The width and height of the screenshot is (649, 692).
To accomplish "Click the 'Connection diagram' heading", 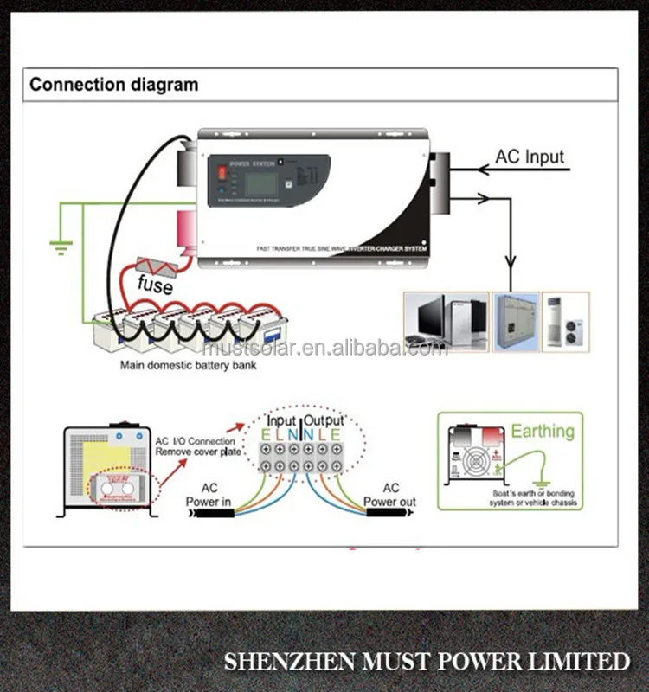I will point(113,85).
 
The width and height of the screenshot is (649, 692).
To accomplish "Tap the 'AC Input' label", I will point(529,157).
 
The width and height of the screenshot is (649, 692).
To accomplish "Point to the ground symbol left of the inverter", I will point(59,247).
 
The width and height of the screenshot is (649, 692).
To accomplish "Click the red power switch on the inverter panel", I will point(222,171).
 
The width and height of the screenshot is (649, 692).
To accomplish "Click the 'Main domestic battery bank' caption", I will point(187,365).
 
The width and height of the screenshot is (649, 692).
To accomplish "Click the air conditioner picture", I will point(566,321).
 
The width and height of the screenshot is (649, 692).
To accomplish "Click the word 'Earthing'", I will point(543,431).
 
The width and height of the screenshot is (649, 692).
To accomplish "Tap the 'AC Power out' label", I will point(389,495).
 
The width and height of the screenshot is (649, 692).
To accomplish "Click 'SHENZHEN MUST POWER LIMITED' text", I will point(427,662).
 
